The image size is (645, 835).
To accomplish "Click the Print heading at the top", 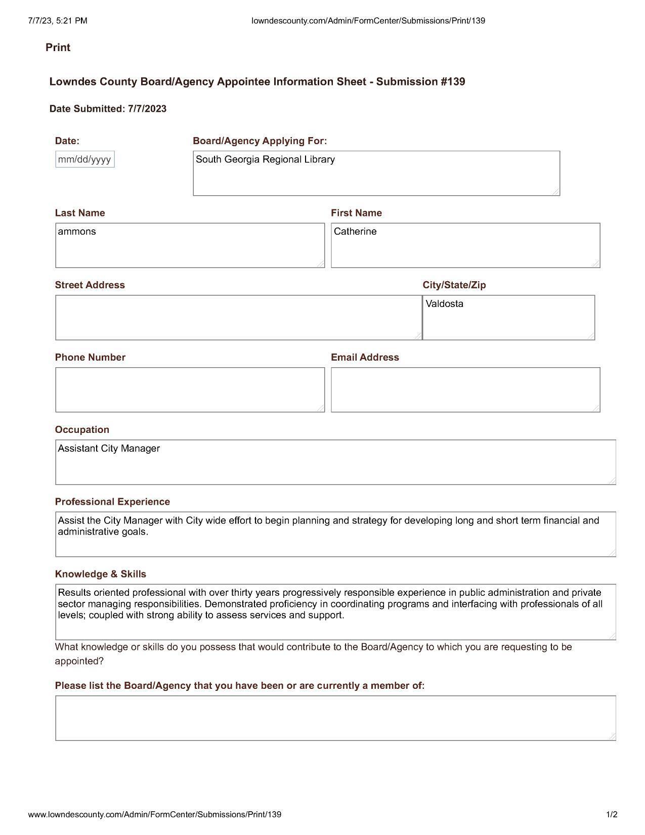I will click(x=58, y=48).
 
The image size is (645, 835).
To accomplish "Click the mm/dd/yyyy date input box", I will click(x=85, y=159).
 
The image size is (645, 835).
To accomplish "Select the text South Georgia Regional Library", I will click(x=265, y=159).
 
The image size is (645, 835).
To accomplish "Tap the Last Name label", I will click(x=80, y=213).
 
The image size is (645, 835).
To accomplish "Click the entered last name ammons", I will click(x=77, y=232).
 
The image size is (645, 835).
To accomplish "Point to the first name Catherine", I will click(x=355, y=232).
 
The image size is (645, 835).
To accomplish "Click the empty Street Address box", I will click(x=238, y=318).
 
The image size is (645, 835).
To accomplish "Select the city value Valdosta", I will click(x=444, y=304).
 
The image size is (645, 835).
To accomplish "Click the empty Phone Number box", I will click(x=190, y=390).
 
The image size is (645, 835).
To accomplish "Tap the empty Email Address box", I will click(x=465, y=390).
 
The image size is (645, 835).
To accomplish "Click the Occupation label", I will click(x=82, y=430).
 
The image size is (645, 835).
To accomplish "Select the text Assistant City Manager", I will click(x=109, y=449).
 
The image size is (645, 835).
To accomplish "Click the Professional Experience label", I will click(x=112, y=502).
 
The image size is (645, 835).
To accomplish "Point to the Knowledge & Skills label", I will click(x=100, y=574).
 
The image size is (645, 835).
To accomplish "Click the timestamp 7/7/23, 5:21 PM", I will click(x=58, y=21).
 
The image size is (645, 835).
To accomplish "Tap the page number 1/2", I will click(x=612, y=815).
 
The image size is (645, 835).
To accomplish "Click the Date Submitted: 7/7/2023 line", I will click(x=108, y=109).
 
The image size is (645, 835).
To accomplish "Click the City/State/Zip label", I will click(x=454, y=285).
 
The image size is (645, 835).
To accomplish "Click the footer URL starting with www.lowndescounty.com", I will click(x=154, y=815).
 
